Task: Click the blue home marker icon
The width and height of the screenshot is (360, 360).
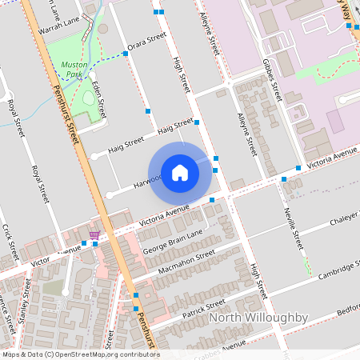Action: (180, 172)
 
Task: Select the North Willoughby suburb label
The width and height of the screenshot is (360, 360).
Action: (258, 318)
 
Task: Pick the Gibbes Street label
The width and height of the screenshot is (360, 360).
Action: (273, 81)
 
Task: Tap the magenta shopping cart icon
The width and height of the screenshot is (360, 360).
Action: (95, 234)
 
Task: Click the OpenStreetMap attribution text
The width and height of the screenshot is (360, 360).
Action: (80, 354)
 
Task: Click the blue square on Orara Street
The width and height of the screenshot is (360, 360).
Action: (125, 54)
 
